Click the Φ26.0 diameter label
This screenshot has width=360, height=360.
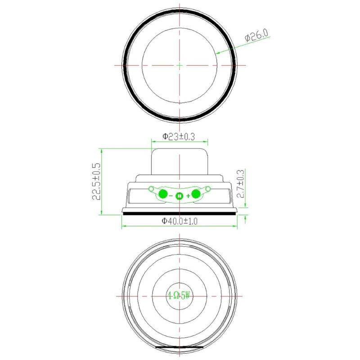tap(256, 36)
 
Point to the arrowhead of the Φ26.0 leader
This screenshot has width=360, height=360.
tap(217, 54)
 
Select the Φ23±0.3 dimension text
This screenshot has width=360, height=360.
tap(179, 136)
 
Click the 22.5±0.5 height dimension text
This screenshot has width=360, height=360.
tap(95, 182)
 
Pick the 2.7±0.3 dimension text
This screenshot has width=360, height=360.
tap(240, 184)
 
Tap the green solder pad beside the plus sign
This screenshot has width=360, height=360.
tap(196, 194)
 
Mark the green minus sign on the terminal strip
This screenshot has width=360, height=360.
tap(171, 196)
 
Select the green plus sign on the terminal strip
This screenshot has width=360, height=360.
tap(188, 196)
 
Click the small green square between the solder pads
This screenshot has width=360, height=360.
tap(180, 196)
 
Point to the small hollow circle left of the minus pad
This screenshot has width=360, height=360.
tap(151, 189)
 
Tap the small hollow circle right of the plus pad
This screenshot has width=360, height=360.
tap(208, 189)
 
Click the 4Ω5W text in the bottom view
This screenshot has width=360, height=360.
tap(180, 296)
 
